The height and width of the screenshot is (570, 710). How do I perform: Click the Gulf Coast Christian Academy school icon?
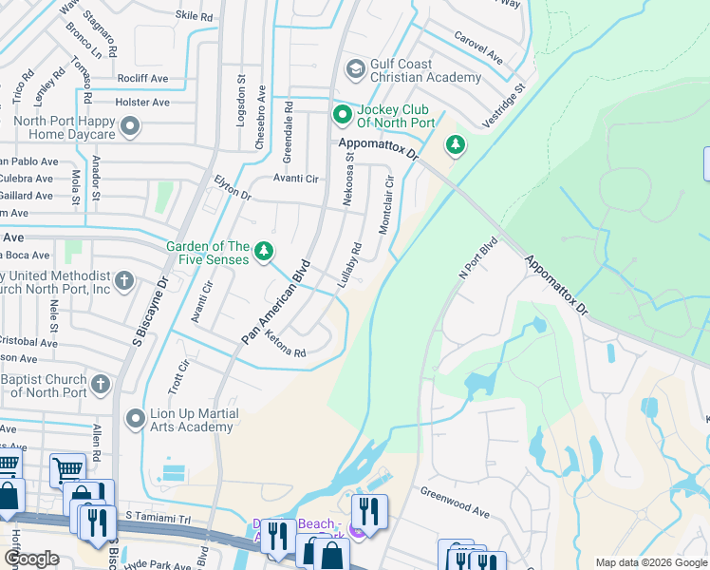pos(356,68)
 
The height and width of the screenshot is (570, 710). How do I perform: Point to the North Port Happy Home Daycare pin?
pos(130,126)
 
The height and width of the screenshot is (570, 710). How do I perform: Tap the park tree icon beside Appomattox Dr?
pos(457,144)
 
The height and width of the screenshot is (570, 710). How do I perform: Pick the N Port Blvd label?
pos(477,256)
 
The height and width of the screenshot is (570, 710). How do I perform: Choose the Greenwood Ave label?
pos(456,503)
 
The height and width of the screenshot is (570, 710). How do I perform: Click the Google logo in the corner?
pos(31,559)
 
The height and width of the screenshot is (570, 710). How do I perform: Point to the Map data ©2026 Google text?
pos(651,562)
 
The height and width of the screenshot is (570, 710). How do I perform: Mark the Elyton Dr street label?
pos(232,187)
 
